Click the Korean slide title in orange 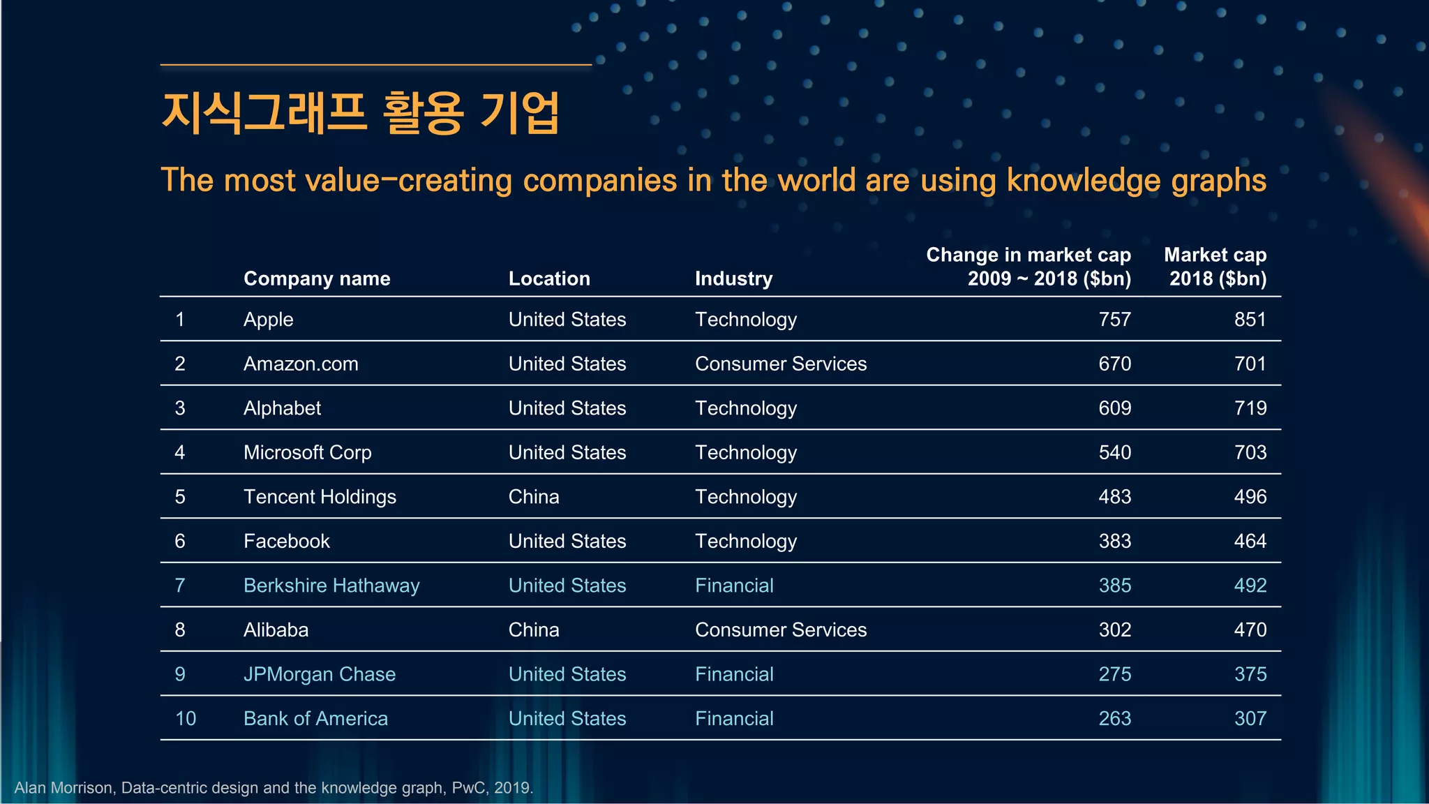click(x=360, y=113)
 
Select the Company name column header click(x=317, y=278)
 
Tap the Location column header click(x=549, y=278)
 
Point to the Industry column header click(x=733, y=278)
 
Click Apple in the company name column click(x=269, y=320)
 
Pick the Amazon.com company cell click(x=301, y=364)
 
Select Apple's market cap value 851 click(x=1250, y=320)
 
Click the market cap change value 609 click(x=1114, y=408)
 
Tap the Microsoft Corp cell click(x=307, y=452)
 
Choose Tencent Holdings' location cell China click(x=534, y=497)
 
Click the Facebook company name click(x=286, y=541)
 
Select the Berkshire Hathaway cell click(x=331, y=586)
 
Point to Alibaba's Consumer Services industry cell click(x=781, y=630)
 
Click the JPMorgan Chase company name click(x=320, y=674)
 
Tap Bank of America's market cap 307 click(x=1250, y=718)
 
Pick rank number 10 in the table click(x=186, y=718)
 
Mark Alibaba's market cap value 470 click(x=1250, y=630)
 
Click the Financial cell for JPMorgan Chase click(x=734, y=674)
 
